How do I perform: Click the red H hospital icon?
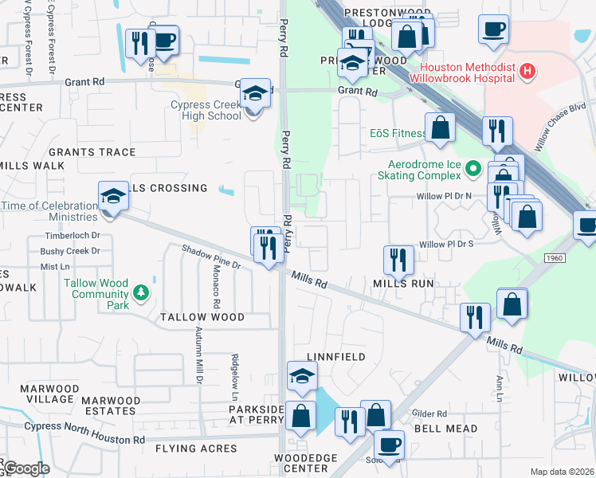(527, 72)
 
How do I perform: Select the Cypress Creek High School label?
(206, 110)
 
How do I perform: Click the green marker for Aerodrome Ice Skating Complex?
(472, 168)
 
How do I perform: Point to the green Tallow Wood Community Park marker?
(141, 293)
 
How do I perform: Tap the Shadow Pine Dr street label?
(210, 257)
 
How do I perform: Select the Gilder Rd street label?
(429, 413)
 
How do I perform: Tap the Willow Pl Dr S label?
(446, 244)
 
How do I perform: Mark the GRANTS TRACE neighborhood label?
(92, 152)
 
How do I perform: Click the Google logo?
(25, 469)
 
